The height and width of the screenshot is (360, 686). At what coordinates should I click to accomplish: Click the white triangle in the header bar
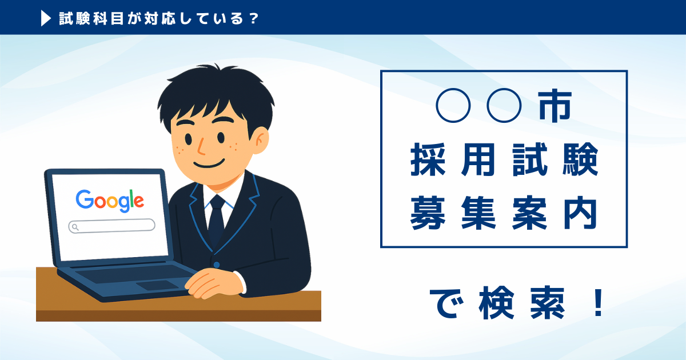(45, 18)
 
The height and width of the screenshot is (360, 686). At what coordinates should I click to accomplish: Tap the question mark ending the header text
(254, 18)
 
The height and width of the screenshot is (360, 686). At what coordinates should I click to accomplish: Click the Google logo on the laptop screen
(110, 201)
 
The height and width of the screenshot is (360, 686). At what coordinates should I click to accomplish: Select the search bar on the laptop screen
(112, 226)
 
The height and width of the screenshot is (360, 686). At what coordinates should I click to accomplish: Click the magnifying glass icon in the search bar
(75, 227)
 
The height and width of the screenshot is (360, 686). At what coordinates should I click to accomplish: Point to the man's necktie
(217, 220)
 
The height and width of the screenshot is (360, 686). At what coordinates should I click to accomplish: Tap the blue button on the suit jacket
(217, 265)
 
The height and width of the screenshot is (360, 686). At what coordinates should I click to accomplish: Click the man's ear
(260, 140)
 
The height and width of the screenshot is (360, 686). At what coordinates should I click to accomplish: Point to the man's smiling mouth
(209, 164)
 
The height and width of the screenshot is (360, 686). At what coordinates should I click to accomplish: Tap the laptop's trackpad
(157, 285)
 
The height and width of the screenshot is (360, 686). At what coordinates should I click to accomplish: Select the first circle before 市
(453, 105)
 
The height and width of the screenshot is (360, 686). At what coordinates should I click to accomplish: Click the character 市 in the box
(555, 106)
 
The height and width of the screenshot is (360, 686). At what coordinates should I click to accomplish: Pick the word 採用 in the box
(453, 159)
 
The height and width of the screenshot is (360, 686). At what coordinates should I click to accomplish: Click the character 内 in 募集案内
(580, 213)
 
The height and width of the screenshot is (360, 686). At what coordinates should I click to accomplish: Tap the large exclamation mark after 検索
(598, 302)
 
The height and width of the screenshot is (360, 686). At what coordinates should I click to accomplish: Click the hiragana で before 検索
(445, 303)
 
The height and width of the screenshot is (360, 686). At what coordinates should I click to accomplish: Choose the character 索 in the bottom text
(548, 303)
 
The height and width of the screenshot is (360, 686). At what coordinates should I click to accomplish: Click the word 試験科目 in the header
(91, 18)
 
